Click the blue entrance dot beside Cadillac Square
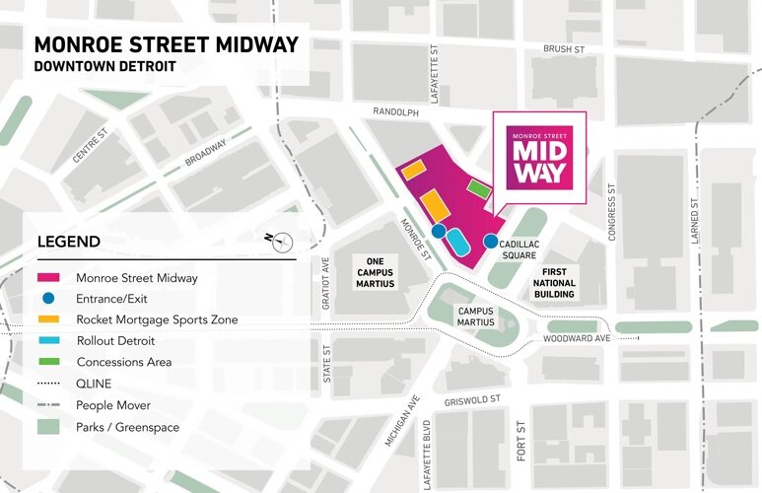(x=490, y=241)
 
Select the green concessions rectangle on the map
(x=478, y=187)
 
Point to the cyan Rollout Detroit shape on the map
(x=458, y=241)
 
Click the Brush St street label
(x=565, y=48)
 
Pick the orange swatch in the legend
(x=48, y=319)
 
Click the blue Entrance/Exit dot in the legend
(x=48, y=299)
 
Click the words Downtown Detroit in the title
(x=104, y=66)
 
